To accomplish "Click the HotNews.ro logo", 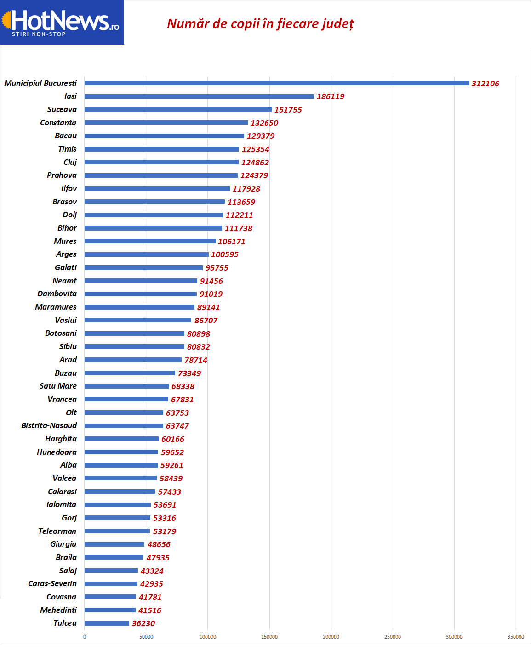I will pyautogui.click(x=62, y=22).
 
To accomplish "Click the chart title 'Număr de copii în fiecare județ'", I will pyautogui.click(x=260, y=23).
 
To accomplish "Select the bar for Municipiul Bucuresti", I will pyautogui.click(x=276, y=83).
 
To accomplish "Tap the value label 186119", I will pyautogui.click(x=330, y=96).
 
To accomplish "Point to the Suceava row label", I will pyautogui.click(x=62, y=109).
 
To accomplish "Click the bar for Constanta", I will pyautogui.click(x=166, y=123).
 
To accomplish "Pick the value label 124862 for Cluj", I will pyautogui.click(x=255, y=163).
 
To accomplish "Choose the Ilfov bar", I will pyautogui.click(x=157, y=188).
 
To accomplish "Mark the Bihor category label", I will pyautogui.click(x=67, y=228).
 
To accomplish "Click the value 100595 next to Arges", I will pyautogui.click(x=224, y=254).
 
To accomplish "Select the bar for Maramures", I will pyautogui.click(x=139, y=307).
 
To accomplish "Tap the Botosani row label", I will pyautogui.click(x=61, y=333).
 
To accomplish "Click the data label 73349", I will pyautogui.click(x=189, y=373).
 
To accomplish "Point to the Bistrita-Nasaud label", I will pyautogui.click(x=49, y=425).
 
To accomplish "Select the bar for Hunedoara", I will pyautogui.click(x=121, y=452).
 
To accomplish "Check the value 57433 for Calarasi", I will pyautogui.click(x=169, y=492).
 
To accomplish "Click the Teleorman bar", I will pyautogui.click(x=117, y=531).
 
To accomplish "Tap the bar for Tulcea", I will pyautogui.click(x=107, y=623).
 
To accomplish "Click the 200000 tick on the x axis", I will pyautogui.click(x=331, y=637).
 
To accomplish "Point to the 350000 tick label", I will pyautogui.click(x=515, y=637).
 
